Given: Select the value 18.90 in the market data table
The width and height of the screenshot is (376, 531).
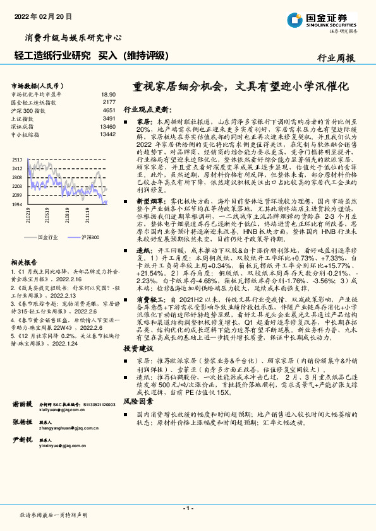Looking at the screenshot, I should (109, 93).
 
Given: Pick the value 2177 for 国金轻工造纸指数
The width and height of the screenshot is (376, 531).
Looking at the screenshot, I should (109, 102).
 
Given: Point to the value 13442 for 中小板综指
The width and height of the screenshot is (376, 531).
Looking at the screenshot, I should (107, 134).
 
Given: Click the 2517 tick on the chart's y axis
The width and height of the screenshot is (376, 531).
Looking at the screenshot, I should (17, 161).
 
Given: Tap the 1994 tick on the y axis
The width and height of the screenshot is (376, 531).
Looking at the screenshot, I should (17, 204).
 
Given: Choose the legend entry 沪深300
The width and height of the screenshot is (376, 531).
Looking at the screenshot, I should (90, 237).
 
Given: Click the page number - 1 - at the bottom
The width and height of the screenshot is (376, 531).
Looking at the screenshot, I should (187, 508).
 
